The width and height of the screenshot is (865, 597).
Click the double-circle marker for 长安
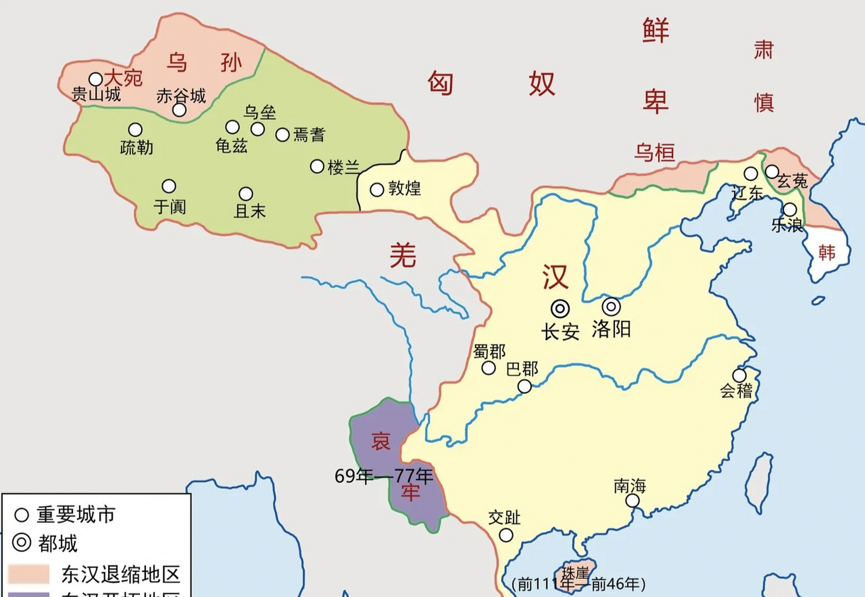point(560,308)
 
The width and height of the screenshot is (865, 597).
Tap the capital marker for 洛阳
point(611,307)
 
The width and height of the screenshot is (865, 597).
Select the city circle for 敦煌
point(377,189)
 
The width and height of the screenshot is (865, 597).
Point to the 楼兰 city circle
point(317,166)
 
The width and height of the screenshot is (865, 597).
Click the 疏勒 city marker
point(135,130)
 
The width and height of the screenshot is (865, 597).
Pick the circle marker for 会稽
point(739,375)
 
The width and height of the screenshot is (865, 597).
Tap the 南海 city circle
point(633,500)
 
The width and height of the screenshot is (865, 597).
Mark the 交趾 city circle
point(506,535)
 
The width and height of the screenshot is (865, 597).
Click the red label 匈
point(440,84)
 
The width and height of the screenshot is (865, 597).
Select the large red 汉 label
point(555,277)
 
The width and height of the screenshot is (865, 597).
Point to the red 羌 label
point(403,256)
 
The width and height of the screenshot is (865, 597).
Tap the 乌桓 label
point(654,153)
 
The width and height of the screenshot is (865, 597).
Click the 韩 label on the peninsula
point(827,253)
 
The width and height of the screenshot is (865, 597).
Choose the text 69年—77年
point(384,476)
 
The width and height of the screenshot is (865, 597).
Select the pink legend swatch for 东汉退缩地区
point(28,574)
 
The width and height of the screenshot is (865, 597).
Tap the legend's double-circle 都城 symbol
point(21,543)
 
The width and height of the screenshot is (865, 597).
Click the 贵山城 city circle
point(96,79)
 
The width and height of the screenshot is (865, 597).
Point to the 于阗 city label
point(170,207)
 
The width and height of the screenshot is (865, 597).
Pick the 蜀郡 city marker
point(488,368)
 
